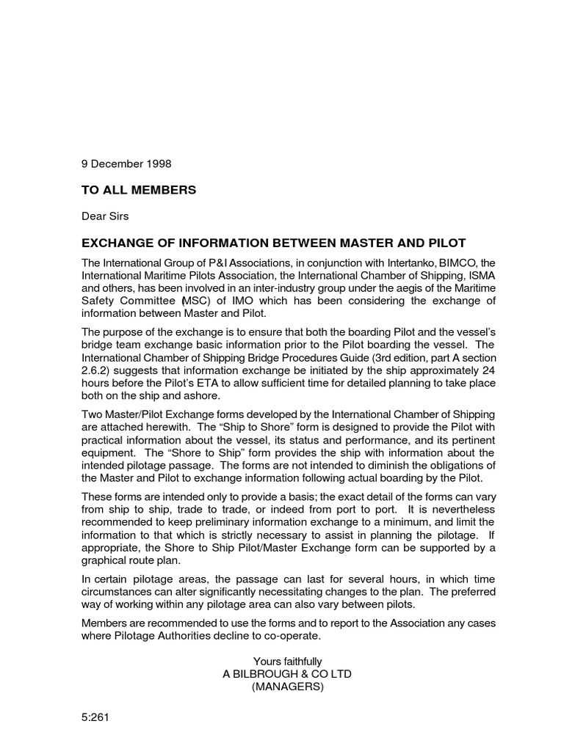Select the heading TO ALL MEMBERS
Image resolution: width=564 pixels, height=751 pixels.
tap(139, 190)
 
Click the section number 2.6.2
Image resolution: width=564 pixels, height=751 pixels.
tap(95, 370)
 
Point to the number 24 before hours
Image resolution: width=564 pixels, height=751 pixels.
tap(488, 370)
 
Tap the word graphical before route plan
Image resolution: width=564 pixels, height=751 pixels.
tap(106, 562)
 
